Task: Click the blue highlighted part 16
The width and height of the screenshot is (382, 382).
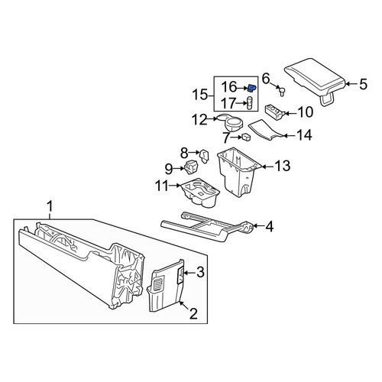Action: coord(252,88)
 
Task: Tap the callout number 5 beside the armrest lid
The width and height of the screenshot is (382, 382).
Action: coord(364,84)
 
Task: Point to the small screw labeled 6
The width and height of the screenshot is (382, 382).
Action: coord(281,92)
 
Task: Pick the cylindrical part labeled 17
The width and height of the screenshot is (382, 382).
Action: coord(250,103)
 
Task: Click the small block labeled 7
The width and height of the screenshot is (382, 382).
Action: coord(246,137)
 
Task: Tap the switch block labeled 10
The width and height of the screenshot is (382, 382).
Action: coord(274,112)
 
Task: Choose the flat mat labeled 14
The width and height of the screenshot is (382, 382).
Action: coord(265,130)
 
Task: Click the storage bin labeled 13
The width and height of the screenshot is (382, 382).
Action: coord(236,172)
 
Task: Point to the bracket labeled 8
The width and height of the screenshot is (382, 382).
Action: coord(205,156)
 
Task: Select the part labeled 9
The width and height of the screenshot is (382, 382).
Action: coord(191,167)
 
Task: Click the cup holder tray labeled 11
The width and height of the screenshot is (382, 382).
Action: coord(200,194)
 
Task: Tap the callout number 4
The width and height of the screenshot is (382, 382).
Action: coord(270,226)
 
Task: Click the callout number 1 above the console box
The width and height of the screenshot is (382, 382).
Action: coord(50,206)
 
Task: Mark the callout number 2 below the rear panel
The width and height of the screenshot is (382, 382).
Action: coord(193,313)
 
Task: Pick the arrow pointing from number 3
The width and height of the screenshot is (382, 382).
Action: coord(189,273)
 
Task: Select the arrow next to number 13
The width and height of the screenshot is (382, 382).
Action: coord(267,167)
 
